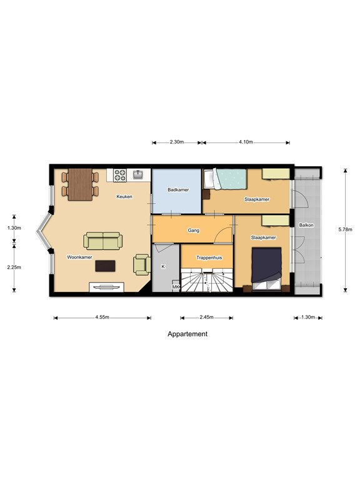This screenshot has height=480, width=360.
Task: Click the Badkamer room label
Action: tap(178, 190)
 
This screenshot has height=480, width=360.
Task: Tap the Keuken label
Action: tap(124, 196)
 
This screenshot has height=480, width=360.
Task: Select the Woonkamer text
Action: tap(79, 257)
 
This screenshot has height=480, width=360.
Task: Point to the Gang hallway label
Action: tap(194, 231)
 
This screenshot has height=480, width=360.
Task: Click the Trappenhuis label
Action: tap(209, 257)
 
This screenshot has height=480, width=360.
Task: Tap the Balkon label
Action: tap(306, 225)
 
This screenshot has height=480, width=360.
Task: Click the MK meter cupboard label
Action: tap(176, 287)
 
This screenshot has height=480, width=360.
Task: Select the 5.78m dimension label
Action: tap(345, 229)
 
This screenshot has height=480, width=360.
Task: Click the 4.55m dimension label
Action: tap(102, 317)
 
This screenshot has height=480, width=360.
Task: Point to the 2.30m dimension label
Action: tap(177, 142)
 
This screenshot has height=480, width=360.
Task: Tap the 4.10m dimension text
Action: tap(246, 142)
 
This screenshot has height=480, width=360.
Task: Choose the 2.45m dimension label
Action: tap(207, 317)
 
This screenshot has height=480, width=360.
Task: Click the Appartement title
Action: tap(187, 334)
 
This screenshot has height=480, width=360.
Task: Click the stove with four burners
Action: tap(120, 176)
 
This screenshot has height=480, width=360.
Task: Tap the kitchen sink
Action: tap(138, 174)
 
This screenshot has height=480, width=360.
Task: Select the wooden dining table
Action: tap(80, 184)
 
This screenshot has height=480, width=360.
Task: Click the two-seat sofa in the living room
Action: tap(103, 241)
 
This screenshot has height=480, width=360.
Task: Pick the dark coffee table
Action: tap(105, 266)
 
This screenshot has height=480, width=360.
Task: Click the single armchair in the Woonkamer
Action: tap(142, 265)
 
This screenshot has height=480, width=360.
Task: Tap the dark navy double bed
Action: tap(266, 265)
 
